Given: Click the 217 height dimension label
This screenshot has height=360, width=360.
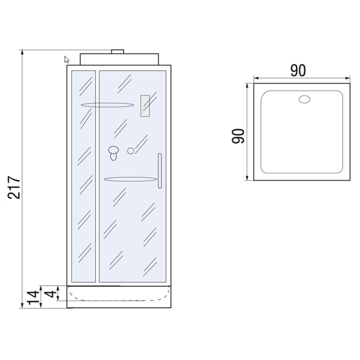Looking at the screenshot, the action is (14, 187).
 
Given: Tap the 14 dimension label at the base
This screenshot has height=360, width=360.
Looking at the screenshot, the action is (33, 298).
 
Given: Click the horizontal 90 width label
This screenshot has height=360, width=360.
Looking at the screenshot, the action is (298, 70).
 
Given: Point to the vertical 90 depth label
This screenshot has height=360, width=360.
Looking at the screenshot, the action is (238, 136).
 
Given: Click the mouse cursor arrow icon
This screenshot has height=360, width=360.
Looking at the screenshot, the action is (67, 59).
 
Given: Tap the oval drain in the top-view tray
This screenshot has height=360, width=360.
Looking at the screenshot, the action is (304, 99).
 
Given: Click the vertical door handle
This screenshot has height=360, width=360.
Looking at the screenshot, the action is (160, 171).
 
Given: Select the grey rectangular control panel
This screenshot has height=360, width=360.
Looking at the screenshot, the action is (145, 106).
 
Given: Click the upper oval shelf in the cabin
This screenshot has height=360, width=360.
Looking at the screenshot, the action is (107, 105).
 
